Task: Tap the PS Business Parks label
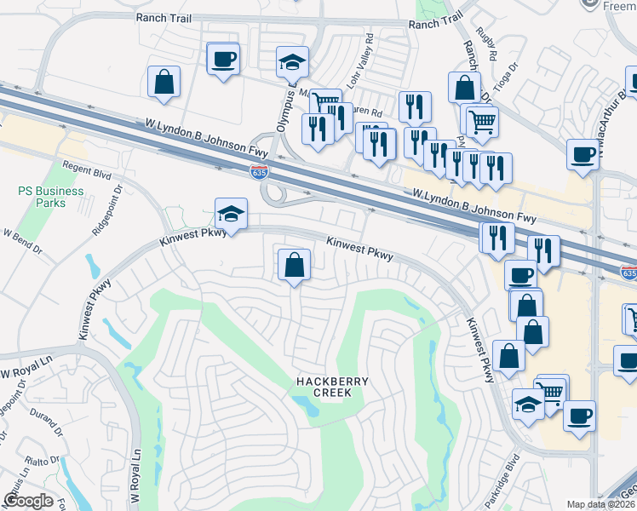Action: click(x=51, y=197)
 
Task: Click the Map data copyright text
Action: click(x=600, y=504)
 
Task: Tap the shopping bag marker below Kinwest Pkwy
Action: click(x=294, y=264)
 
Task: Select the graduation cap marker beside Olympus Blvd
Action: click(x=291, y=63)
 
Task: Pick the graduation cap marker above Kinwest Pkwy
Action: click(x=231, y=214)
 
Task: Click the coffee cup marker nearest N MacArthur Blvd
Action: click(x=583, y=155)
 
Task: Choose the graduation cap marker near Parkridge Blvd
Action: click(x=529, y=405)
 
